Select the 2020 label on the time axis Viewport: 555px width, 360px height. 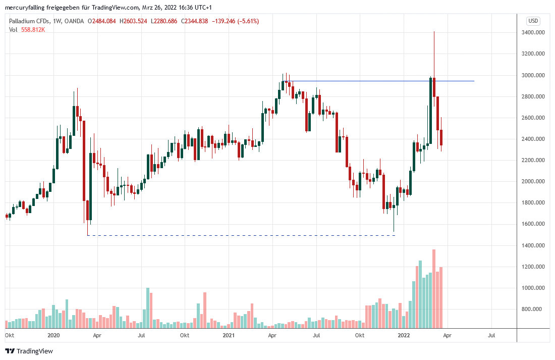tap(53, 335)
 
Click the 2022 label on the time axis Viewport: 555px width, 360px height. tap(403, 335)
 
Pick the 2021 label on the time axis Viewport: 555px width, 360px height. tap(229, 335)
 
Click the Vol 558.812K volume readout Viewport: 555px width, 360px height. tap(27, 29)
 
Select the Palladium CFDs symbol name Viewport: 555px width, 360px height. tap(29, 21)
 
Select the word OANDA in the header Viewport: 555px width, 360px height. tap(75, 21)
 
